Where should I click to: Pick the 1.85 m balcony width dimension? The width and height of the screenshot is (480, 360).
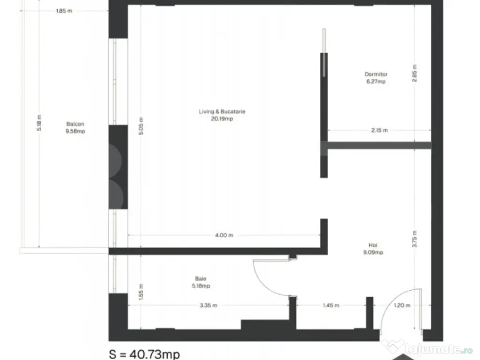click(x=64, y=11)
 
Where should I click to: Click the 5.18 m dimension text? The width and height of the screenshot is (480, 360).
click(x=39, y=123)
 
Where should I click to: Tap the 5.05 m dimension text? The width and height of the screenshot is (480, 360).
click(x=141, y=126)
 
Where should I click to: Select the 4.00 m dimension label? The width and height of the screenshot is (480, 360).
click(x=224, y=235)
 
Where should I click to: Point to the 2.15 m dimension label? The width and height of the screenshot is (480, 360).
click(x=379, y=130)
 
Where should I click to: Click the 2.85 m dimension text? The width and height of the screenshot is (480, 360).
click(x=414, y=73)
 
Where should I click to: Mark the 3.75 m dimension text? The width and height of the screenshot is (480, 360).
click(x=414, y=239)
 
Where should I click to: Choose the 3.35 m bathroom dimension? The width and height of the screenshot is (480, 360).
click(x=209, y=305)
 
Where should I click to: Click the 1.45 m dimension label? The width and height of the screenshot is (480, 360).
click(x=331, y=305)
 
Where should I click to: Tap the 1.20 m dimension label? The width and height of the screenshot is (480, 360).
click(x=402, y=305)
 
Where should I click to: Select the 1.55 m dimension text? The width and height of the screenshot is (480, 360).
click(x=141, y=292)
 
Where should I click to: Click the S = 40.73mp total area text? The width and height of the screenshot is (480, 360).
click(x=144, y=354)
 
